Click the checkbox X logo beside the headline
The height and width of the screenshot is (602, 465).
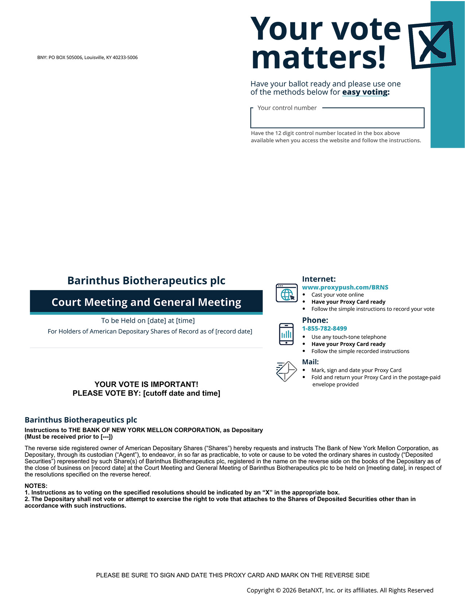coord(432,45)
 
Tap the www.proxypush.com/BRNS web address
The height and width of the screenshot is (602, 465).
coord(345,287)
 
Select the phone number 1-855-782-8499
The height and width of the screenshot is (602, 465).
coord(324,328)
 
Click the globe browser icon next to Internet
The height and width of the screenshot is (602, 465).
coord(286,293)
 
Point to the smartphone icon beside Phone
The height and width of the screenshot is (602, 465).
coord(286,334)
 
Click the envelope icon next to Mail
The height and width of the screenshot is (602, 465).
coord(286,371)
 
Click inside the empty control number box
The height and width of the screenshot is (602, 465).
coord(337,120)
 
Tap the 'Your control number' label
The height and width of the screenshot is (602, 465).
coord(287,108)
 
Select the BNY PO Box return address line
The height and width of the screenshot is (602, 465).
coord(87,57)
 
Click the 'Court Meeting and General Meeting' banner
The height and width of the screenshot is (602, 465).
coord(146,302)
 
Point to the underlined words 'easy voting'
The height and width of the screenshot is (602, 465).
coord(365,92)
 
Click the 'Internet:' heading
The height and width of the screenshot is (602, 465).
coord(319,279)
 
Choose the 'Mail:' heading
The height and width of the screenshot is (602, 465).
coord(310,362)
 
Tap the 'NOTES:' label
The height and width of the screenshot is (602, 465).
coord(36,486)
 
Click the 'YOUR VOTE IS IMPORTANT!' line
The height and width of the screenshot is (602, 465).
coord(146,384)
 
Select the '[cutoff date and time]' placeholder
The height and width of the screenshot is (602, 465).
coord(182,393)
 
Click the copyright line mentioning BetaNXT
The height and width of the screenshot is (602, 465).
coord(340,590)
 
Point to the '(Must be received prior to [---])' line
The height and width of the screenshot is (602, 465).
coord(69,437)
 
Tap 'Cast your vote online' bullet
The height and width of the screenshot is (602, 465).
coord(337,295)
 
